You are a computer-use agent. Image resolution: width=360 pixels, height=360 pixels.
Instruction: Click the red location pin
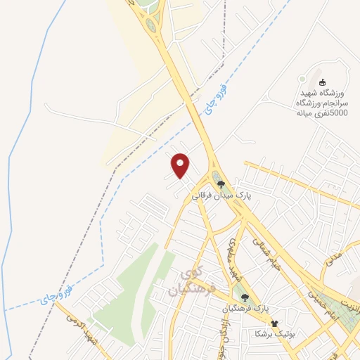[181, 165]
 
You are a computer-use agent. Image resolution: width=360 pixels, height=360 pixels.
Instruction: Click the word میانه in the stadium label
[304, 112]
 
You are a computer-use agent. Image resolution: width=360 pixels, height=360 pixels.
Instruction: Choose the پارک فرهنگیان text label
[245, 308]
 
